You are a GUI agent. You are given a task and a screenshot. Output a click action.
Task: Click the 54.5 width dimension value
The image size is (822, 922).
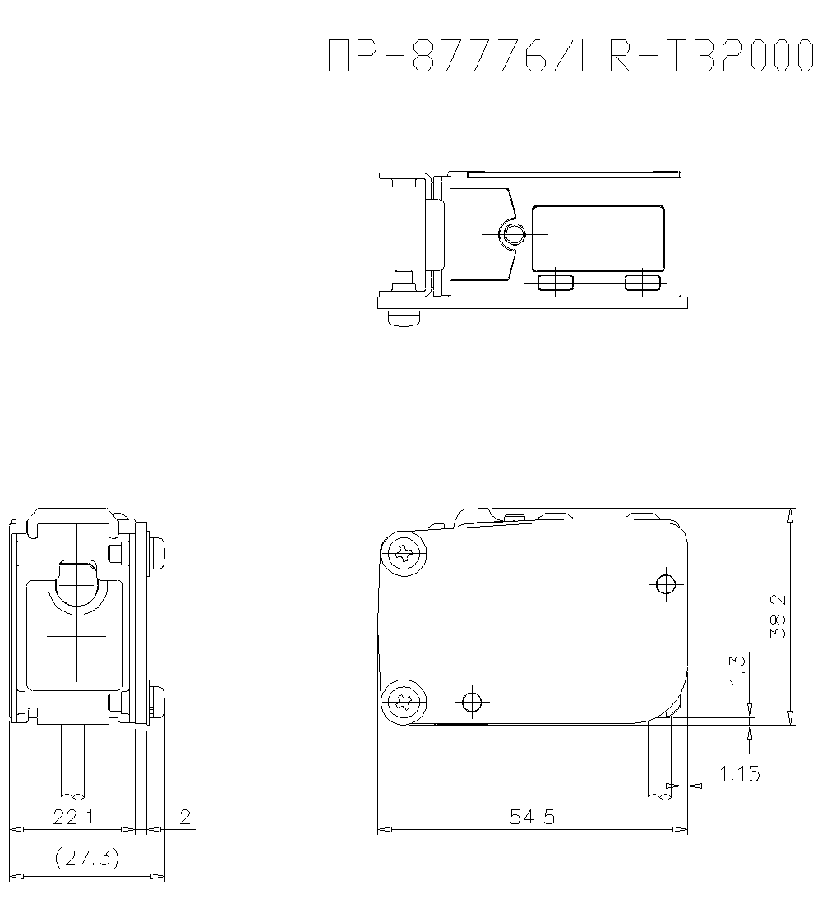click(532, 817)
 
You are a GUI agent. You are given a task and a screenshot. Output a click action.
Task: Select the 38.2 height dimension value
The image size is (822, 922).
click(778, 616)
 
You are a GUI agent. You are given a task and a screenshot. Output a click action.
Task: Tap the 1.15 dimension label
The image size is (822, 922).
click(740, 773)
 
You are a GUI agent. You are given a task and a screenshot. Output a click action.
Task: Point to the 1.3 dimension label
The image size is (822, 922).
click(737, 669)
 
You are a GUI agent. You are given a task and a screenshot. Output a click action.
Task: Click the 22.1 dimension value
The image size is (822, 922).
click(73, 817)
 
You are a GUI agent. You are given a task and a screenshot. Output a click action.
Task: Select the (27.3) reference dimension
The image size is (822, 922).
click(86, 859)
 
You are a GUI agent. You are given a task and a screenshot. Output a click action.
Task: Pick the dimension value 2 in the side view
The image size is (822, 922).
click(185, 817)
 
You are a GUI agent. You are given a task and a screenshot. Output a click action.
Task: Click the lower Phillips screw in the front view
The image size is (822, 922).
click(404, 702)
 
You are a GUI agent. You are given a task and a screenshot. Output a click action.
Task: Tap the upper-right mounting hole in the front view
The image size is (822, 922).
click(665, 584)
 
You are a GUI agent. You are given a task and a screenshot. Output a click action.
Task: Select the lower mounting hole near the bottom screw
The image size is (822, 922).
click(471, 702)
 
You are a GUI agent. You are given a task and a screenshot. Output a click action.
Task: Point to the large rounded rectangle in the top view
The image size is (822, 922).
click(598, 238)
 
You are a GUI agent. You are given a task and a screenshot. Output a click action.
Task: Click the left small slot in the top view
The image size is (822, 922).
click(556, 284)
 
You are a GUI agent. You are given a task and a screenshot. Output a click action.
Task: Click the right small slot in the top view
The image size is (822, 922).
click(643, 284)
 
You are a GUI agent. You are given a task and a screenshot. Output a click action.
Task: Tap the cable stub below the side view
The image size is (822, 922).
click(74, 760)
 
